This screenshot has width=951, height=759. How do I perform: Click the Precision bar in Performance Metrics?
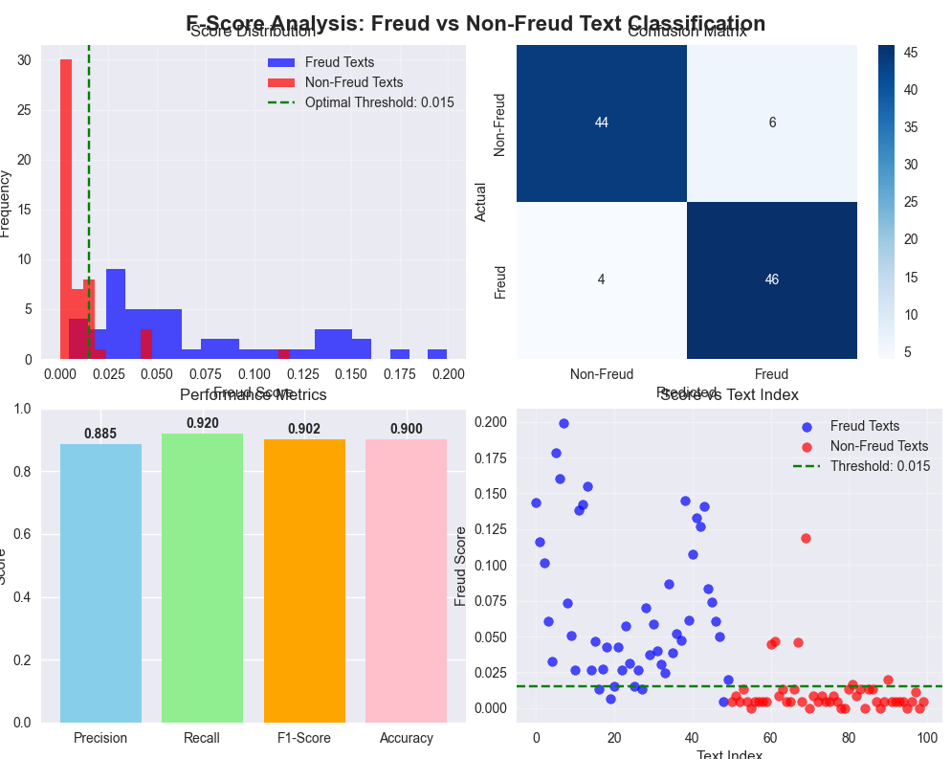100,583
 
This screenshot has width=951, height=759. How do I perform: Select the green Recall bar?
202,578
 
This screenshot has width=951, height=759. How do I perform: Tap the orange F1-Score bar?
304,581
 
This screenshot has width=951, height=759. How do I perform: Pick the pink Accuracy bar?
406,581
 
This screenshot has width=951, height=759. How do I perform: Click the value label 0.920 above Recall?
202,422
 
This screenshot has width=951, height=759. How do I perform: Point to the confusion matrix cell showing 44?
601,123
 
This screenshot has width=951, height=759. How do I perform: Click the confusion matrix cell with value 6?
771,123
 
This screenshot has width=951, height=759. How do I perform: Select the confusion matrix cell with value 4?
601,279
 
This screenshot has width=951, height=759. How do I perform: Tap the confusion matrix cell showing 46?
771,279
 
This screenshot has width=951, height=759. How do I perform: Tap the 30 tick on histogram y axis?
23,60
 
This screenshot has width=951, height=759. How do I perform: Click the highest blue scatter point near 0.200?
564,423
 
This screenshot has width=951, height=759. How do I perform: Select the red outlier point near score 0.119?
806,538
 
